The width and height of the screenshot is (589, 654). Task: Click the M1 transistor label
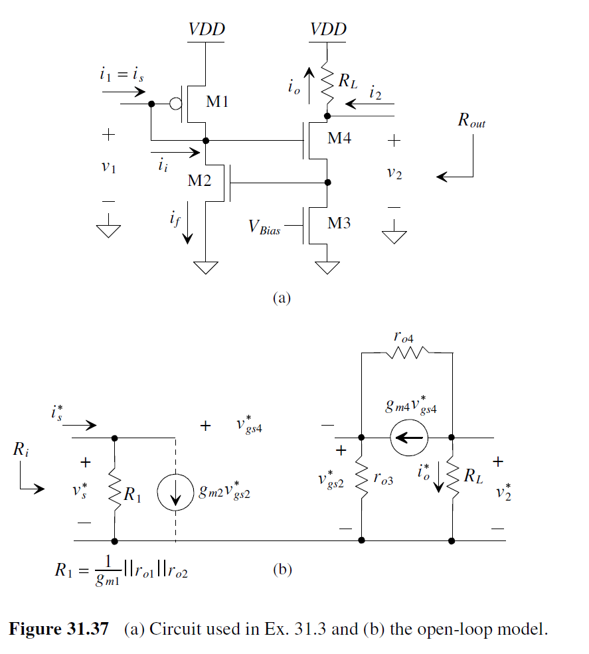(x=217, y=102)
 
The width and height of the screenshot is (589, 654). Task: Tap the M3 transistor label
(x=339, y=223)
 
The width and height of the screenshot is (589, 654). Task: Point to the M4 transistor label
(x=339, y=139)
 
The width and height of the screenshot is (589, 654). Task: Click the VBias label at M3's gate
(x=264, y=227)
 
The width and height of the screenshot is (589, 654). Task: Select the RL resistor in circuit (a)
(x=327, y=83)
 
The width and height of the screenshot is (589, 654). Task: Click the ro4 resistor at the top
(x=405, y=354)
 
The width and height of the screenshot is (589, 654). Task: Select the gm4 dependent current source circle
(x=406, y=438)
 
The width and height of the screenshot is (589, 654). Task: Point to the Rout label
(x=471, y=120)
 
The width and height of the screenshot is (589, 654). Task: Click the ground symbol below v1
(x=109, y=230)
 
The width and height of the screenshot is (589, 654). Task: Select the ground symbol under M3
(x=326, y=267)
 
